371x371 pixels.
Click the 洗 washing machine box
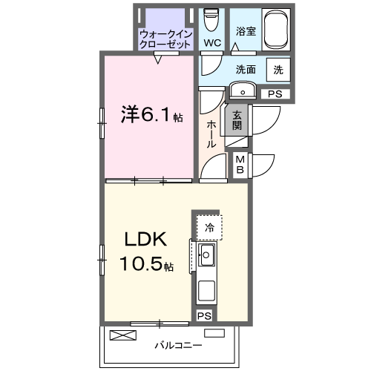point(278,70)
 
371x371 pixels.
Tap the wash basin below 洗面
point(242,91)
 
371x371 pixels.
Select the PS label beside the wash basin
point(275,94)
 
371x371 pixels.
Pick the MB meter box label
point(241,165)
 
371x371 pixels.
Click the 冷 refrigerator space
point(210,228)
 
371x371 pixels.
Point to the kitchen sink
point(206,257)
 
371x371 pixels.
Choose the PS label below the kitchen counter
point(204,315)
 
